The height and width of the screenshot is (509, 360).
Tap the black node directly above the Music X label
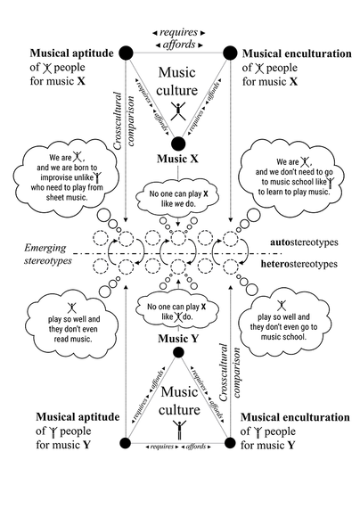point(178,144)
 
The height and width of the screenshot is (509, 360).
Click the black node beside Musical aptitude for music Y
point(127,441)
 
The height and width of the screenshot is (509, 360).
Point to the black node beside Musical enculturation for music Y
point(230,441)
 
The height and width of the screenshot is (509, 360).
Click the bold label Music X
point(178,159)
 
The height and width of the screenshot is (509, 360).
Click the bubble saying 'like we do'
point(178,194)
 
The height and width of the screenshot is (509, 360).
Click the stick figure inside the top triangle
point(178,111)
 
